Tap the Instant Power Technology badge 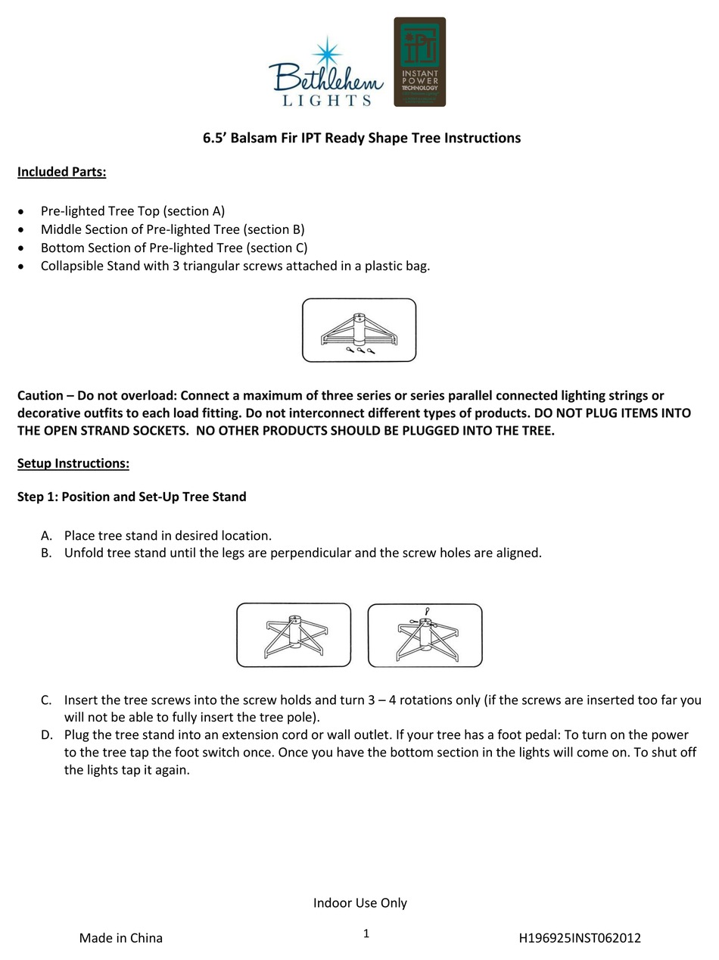coord(419,62)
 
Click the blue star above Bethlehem coord(327,52)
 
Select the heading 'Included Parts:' coord(62,172)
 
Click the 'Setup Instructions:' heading coord(73,463)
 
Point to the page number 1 coord(366,934)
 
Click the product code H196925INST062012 coord(580,938)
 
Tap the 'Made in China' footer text coord(121,938)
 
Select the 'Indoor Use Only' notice coord(360,902)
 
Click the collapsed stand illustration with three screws coord(359,330)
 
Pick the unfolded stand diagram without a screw coord(294,635)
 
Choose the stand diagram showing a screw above coord(425,635)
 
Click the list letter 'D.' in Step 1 coord(47,735)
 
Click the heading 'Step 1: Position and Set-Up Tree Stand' coord(132,497)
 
